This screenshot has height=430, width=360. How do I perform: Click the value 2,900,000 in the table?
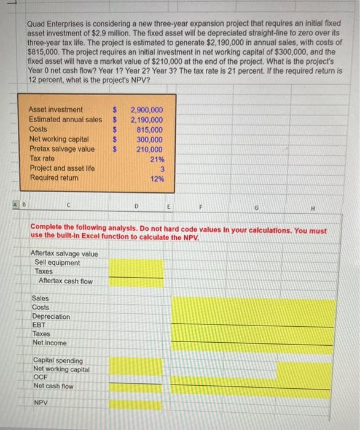(147, 109)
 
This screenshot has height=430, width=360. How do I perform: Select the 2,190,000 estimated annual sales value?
(147, 119)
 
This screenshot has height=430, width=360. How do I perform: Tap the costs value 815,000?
(150, 130)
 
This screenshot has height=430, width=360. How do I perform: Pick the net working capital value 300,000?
(150, 139)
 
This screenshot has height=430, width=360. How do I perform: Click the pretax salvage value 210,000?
(150, 149)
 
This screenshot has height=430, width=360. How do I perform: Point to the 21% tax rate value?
(157, 159)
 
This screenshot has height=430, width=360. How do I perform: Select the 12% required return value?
(157, 179)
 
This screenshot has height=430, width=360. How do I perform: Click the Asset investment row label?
(56, 109)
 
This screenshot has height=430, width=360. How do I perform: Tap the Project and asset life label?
(62, 168)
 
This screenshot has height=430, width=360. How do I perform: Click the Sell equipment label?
(57, 263)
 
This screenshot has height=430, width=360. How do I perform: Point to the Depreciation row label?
(51, 316)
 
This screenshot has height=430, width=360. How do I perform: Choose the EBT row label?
(41, 325)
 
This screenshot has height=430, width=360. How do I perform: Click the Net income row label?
(50, 342)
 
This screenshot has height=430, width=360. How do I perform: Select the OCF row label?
(41, 377)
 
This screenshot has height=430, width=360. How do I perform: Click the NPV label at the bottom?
(42, 404)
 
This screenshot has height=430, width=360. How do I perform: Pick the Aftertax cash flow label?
(66, 281)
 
